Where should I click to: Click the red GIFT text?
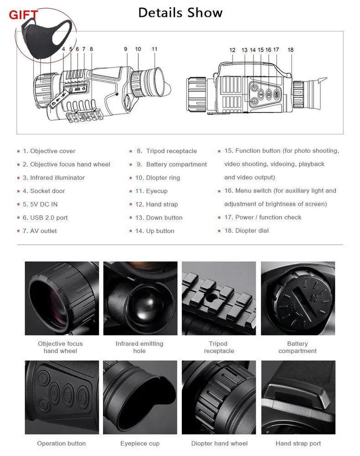point(23,15)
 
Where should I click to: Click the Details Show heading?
point(180,13)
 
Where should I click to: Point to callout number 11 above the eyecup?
point(154,49)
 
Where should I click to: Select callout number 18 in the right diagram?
point(291,50)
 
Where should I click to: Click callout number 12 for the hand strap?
point(232,50)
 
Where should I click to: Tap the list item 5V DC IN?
point(40,204)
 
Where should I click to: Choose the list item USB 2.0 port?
point(45,218)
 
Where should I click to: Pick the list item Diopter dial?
point(247,231)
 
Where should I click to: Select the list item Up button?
point(155,231)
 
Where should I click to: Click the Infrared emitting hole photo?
point(140,298)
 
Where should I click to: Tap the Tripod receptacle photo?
point(219,298)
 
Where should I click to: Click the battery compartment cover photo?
point(298,298)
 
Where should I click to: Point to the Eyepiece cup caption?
point(140,444)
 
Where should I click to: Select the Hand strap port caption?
point(298,444)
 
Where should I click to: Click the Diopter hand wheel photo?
point(219,397)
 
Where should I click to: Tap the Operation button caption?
point(62,444)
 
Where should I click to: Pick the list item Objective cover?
point(49,151)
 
